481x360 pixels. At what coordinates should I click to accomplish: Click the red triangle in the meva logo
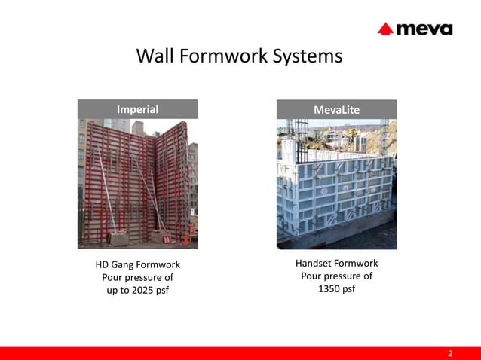(x=386, y=29)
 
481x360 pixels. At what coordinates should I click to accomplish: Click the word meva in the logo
(x=424, y=29)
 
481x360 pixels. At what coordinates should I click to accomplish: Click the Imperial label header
(x=137, y=109)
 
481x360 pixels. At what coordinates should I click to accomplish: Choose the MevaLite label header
(x=336, y=110)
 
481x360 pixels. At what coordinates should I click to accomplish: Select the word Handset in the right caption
(x=315, y=264)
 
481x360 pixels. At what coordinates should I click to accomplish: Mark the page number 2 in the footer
(x=450, y=353)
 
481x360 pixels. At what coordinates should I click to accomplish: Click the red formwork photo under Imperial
(x=137, y=184)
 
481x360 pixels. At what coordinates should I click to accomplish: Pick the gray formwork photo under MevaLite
(x=336, y=184)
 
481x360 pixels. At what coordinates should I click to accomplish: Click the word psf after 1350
(x=348, y=289)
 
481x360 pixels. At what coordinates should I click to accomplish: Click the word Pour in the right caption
(x=311, y=276)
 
